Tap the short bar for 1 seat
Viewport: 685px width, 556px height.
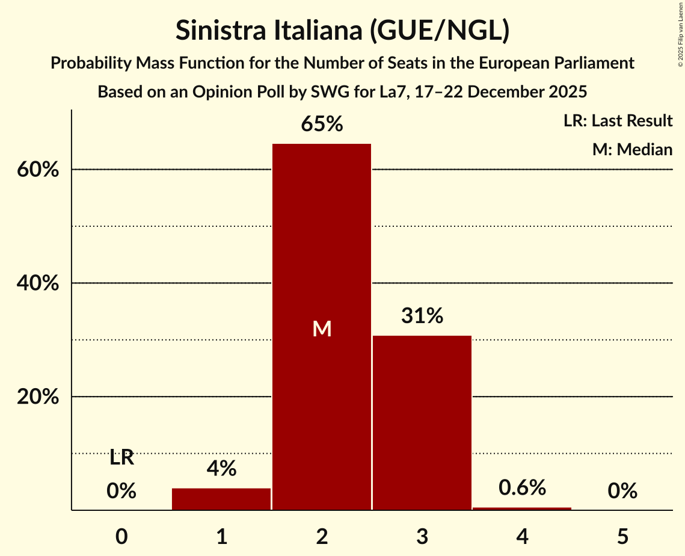coord(221,499)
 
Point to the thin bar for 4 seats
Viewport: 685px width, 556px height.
coord(522,508)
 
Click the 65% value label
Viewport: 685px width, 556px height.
coord(322,125)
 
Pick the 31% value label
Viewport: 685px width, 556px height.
coord(422,316)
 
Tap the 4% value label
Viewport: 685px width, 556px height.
coord(221,469)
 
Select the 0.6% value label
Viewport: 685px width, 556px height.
coord(522,488)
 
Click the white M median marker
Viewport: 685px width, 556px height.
coord(322,329)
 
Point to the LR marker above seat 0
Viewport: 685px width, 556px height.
coord(121,458)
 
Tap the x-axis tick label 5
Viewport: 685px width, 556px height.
coord(622,536)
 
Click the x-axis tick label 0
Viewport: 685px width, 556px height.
coord(121,536)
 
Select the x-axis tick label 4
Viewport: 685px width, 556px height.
coord(522,536)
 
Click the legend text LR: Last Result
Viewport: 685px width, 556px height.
coord(618,121)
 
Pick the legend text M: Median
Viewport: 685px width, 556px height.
coord(632,149)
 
